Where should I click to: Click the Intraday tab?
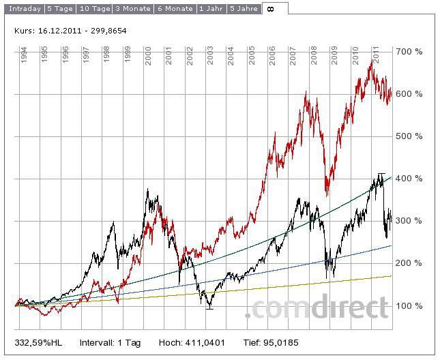click(x=25, y=9)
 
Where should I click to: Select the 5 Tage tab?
click(x=59, y=9)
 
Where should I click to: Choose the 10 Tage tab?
click(x=93, y=9)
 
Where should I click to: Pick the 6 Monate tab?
click(x=175, y=9)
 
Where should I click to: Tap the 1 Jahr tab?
click(x=211, y=9)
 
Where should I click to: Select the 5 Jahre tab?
click(x=244, y=9)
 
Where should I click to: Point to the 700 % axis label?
click(x=409, y=52)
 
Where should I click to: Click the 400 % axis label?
click(x=409, y=179)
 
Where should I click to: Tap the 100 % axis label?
click(x=409, y=306)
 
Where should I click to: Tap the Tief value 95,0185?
click(x=281, y=342)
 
